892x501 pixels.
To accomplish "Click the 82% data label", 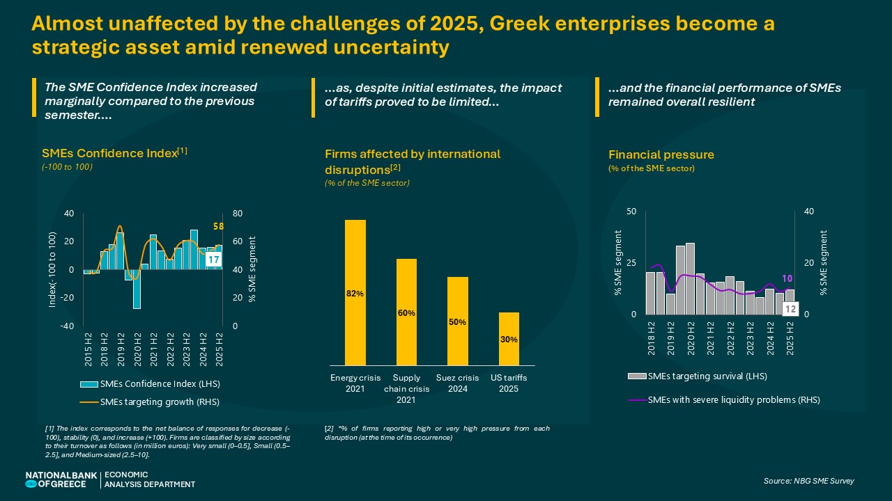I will [355, 294].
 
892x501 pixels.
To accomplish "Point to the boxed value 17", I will [215, 260].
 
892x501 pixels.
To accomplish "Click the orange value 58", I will [217, 227].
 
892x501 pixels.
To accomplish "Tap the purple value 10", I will [787, 278].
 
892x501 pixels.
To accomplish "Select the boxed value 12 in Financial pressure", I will [790, 309].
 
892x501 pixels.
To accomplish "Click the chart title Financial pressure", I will [661, 154].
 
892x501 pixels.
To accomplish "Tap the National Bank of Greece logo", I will [56, 479].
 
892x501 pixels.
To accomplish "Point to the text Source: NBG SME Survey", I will [808, 481].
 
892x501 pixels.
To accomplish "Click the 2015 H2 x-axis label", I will [89, 349].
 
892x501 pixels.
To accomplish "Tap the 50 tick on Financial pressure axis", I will [631, 212].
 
